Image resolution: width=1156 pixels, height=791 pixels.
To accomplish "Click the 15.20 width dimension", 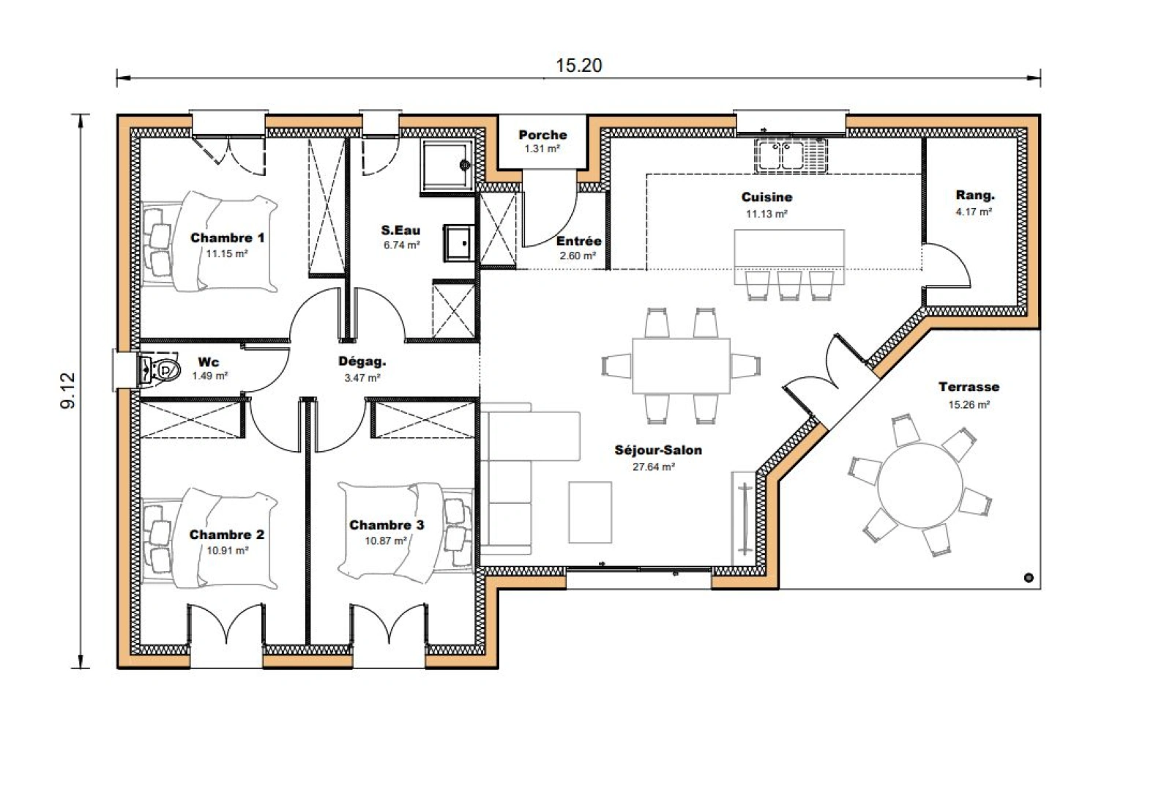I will click(578, 66).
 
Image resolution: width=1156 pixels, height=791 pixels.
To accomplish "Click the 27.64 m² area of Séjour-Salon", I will click(653, 467).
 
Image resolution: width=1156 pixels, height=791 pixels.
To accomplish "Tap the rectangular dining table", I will click(681, 365).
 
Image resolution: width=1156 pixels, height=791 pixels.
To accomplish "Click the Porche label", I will click(542, 135).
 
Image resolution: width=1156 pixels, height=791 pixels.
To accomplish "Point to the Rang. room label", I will click(975, 196).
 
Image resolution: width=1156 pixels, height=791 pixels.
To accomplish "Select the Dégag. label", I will click(362, 361).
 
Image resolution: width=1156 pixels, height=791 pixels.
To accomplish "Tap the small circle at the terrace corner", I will click(1028, 578).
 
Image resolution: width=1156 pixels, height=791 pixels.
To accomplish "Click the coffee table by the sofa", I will click(590, 512).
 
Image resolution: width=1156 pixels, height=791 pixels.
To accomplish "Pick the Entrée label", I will click(578, 241).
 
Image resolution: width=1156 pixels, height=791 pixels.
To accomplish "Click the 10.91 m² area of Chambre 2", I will click(227, 550).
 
